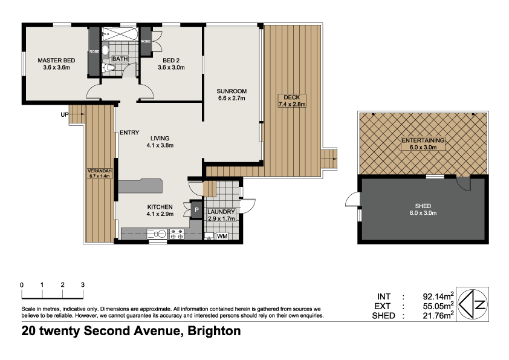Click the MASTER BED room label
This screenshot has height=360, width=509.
coord(56,61)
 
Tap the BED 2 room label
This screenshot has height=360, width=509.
coord(171,61)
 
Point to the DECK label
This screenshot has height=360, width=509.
coord(293,97)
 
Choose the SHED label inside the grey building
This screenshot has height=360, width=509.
coord(423,205)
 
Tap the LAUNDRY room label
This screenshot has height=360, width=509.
coord(221,212)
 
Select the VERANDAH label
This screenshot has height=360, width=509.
coord(100,171)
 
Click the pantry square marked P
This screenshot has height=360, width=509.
coord(196,210)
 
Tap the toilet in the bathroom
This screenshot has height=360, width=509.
coord(107,68)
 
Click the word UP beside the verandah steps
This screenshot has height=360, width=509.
coord(64,114)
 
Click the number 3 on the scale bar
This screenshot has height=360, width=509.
coord(83,284)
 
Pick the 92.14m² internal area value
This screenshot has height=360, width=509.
coord(438,296)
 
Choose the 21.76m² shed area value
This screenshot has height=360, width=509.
coord(438,315)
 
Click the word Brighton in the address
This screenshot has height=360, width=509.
coord(214,331)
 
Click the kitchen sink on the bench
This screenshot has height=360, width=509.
coord(160,233)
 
